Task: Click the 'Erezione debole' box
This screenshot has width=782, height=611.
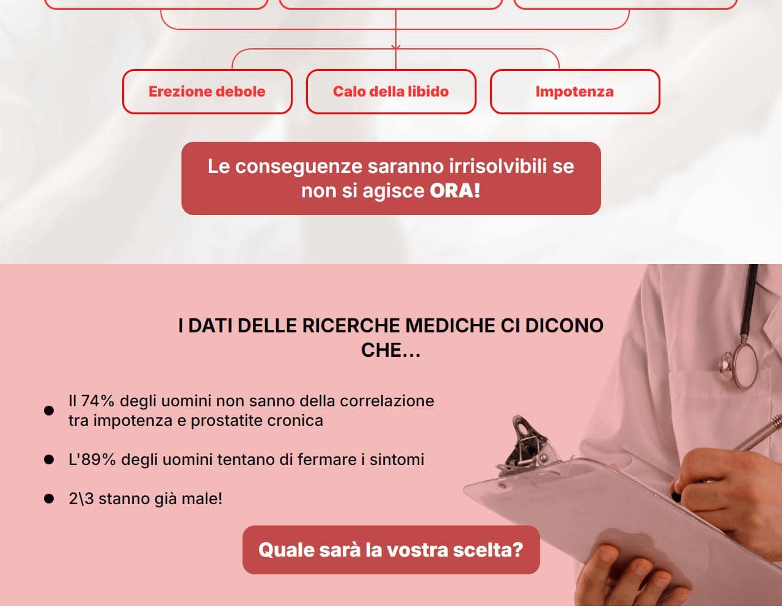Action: point(207,92)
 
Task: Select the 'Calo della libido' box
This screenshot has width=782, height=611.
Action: point(391,92)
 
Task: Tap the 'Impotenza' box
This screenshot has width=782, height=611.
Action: point(575,92)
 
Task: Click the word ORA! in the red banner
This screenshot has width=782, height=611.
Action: point(455,191)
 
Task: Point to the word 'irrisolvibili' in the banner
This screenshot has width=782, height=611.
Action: point(498,166)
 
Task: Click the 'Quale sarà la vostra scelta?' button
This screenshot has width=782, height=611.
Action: point(391,550)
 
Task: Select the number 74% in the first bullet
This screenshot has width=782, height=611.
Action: point(98,401)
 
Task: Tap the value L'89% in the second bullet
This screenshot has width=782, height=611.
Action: point(92,459)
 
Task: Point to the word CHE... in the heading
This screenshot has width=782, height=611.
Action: point(391,350)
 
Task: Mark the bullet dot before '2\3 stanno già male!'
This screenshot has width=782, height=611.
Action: point(49,499)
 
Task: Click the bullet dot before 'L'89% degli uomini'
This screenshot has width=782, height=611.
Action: point(49,459)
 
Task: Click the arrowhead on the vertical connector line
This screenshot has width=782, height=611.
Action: point(396,47)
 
